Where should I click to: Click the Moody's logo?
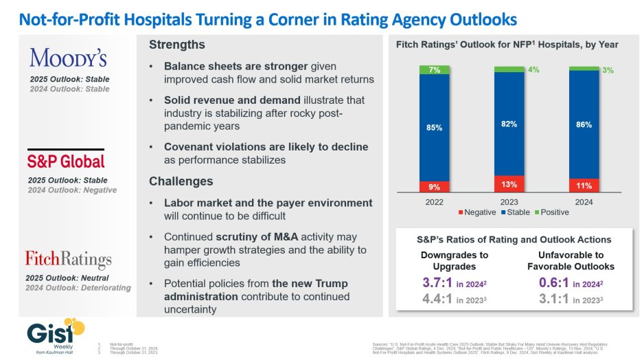tap(68, 56)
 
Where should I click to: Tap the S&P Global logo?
tap(65, 162)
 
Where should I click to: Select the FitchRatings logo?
tap(68, 259)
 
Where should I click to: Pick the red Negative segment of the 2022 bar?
tap(434, 186)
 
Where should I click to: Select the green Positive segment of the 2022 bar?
tap(434, 69)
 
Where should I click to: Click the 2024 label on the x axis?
tap(583, 203)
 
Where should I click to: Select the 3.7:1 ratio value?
tap(437, 282)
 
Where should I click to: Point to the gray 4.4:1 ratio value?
tap(437, 300)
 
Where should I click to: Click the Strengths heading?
tap(176, 45)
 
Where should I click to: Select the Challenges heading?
tap(181, 181)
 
